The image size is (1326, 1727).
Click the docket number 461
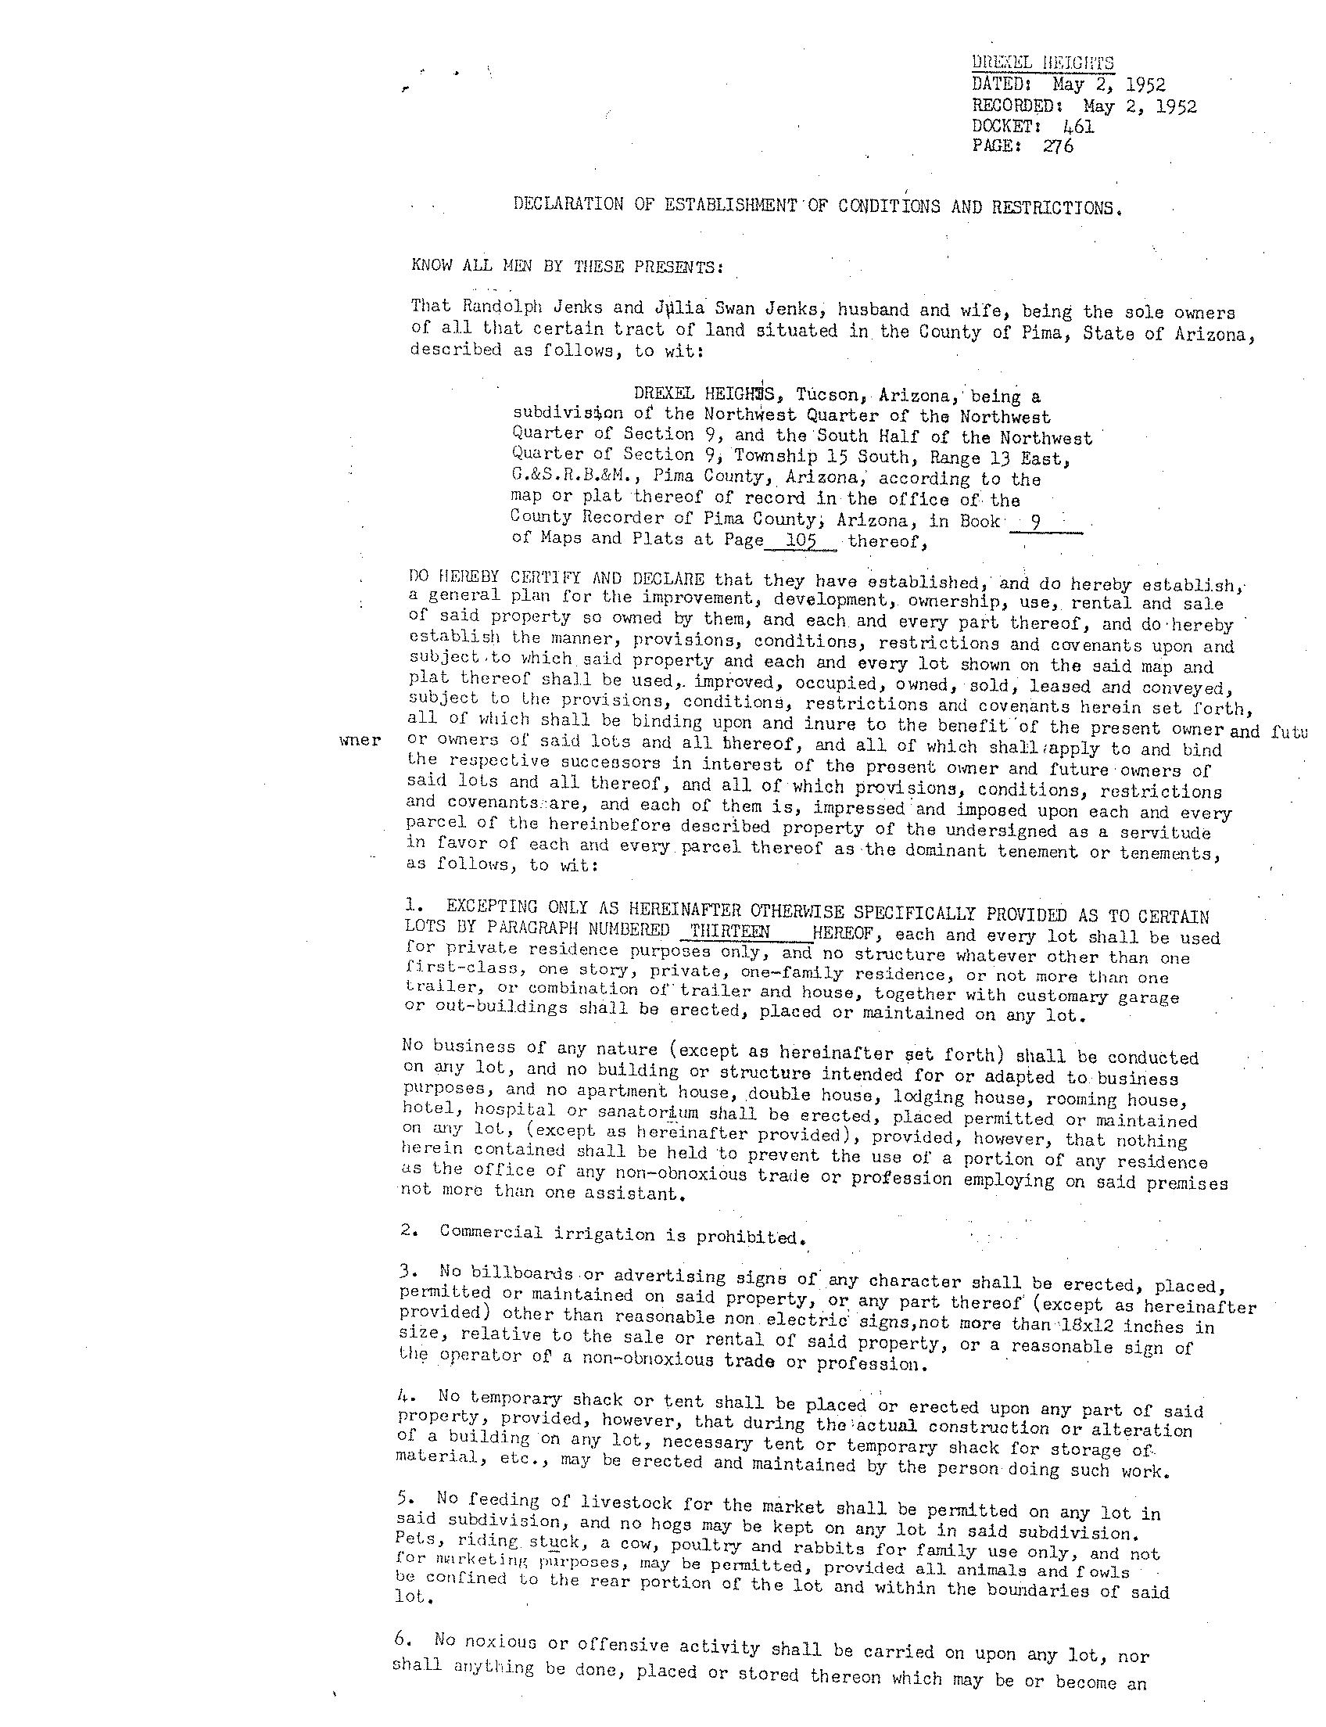(1078, 127)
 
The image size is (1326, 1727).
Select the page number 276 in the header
(1058, 146)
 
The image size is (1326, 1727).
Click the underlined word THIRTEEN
(730, 931)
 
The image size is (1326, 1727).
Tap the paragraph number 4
(404, 1396)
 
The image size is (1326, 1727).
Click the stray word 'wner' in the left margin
(360, 741)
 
